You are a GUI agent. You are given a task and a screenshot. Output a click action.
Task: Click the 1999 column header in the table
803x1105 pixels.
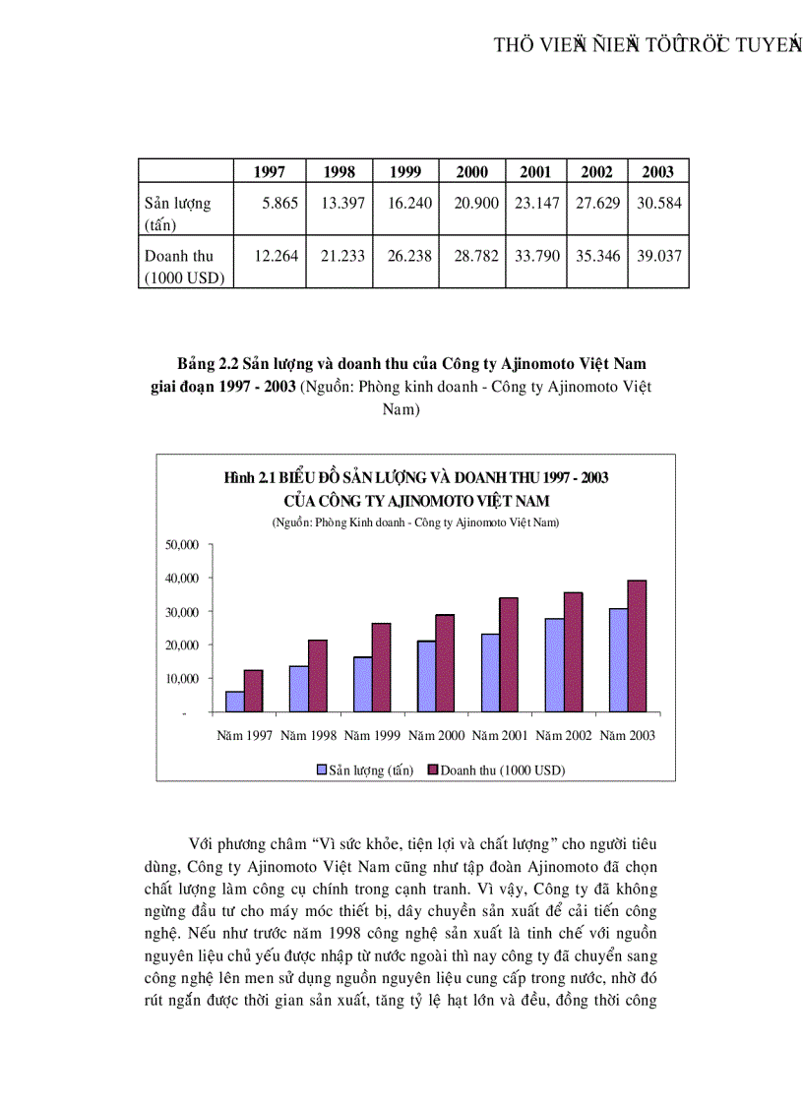pyautogui.click(x=405, y=172)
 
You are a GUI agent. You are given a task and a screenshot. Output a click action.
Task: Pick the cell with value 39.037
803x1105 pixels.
pyautogui.click(x=657, y=256)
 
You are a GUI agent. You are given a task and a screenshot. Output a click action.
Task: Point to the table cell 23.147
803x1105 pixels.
pyautogui.click(x=535, y=204)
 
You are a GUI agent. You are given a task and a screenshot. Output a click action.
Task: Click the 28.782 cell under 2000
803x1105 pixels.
pyautogui.click(x=472, y=256)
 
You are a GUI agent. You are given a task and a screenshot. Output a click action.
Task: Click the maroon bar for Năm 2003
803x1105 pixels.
pyautogui.click(x=638, y=645)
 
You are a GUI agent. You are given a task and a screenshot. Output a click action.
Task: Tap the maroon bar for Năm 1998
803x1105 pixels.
pyautogui.click(x=317, y=675)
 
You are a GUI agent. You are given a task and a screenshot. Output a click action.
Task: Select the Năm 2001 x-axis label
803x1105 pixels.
pyautogui.click(x=501, y=735)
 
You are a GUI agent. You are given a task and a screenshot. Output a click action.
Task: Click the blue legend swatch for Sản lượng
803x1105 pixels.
pyautogui.click(x=321, y=769)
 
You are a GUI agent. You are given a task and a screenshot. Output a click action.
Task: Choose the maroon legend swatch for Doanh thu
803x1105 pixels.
pyautogui.click(x=432, y=769)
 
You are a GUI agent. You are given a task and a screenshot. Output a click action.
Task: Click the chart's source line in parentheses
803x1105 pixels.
pyautogui.click(x=415, y=522)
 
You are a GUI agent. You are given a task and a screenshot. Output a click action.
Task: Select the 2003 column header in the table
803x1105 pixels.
pyautogui.click(x=657, y=172)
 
